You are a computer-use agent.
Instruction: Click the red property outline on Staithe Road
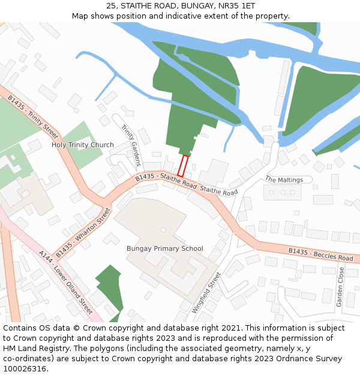click(x=183, y=166)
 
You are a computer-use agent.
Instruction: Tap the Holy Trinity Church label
click(x=82, y=145)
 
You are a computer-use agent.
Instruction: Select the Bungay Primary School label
click(x=164, y=248)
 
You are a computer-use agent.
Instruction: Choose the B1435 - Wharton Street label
click(x=83, y=233)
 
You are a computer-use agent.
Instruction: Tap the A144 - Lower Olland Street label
click(x=65, y=283)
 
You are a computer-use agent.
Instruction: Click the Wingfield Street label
click(x=207, y=293)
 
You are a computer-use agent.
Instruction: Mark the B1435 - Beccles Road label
click(x=320, y=254)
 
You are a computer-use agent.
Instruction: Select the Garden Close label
click(x=340, y=287)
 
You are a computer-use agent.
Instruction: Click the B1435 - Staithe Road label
click(x=166, y=179)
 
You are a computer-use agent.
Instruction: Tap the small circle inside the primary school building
click(x=163, y=229)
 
